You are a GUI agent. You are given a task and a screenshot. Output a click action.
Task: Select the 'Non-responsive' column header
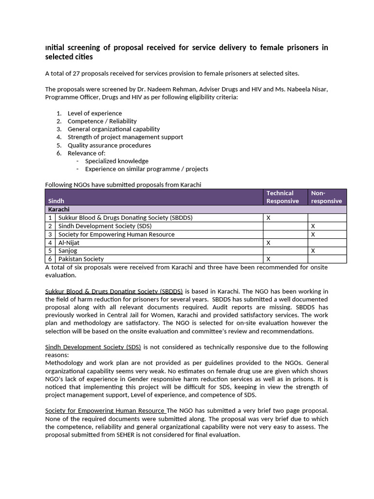[x=326, y=197]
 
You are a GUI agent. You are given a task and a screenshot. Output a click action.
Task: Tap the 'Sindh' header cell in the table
[x=56, y=201]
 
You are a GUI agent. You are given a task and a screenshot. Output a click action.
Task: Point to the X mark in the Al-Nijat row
[x=268, y=243]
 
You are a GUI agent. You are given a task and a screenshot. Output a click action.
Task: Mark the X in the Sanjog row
[x=313, y=250]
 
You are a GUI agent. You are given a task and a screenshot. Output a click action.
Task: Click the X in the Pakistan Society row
[x=268, y=259]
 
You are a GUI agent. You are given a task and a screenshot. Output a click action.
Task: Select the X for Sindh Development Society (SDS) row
[x=313, y=226]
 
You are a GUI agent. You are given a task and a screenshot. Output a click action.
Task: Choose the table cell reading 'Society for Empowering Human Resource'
[x=116, y=234]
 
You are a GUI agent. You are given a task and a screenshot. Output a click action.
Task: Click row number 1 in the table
[x=50, y=218]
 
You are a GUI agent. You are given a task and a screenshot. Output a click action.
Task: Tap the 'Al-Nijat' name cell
[x=69, y=243]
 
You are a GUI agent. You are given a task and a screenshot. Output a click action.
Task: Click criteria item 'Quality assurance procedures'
[x=109, y=145]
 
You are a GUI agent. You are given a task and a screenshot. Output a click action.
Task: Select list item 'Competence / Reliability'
[x=102, y=121]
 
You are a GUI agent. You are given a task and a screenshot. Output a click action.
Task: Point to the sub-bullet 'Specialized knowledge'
[x=116, y=161]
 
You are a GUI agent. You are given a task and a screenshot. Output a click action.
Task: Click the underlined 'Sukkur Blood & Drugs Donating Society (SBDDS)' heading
[x=114, y=291]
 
